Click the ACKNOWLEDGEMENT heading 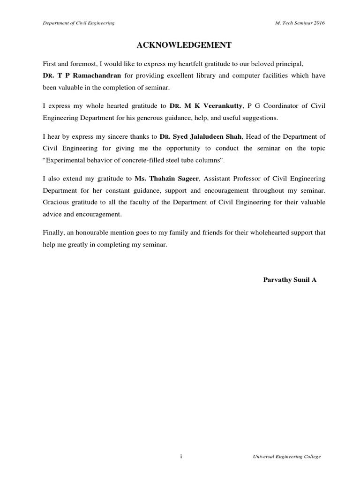pyautogui.click(x=184, y=45)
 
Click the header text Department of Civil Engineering pyautogui.click(x=78, y=23)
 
